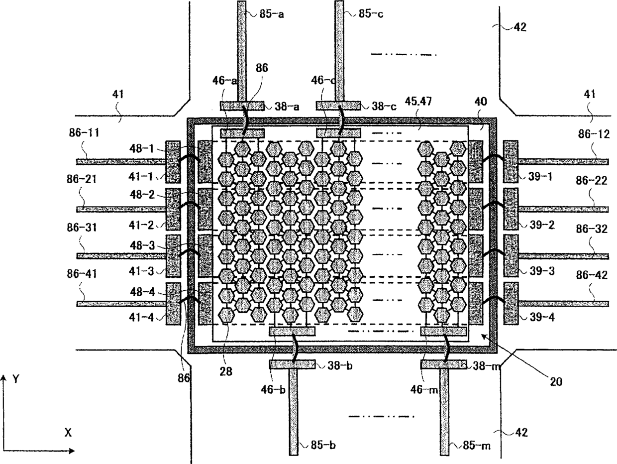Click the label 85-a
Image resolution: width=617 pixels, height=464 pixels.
272,14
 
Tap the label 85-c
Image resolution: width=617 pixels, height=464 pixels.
371,14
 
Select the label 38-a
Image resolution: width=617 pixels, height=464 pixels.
287,106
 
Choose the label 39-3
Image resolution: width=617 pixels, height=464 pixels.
542,271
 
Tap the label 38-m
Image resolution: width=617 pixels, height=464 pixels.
485,365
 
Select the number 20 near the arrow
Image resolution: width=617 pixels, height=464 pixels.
556,382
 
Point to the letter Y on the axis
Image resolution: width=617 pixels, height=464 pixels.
16,379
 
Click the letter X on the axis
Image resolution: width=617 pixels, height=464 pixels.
68,433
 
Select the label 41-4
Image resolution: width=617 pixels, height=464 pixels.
141,317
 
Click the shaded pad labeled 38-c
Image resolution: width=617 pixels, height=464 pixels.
338,106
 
